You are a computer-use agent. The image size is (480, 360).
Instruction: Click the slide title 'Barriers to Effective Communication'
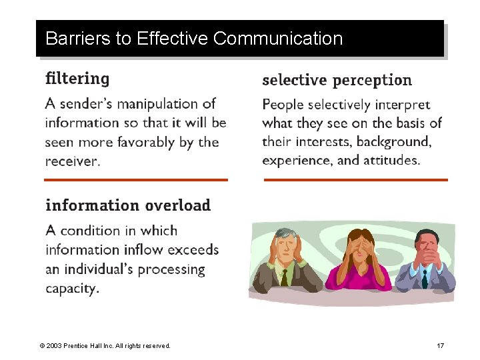[x=194, y=39]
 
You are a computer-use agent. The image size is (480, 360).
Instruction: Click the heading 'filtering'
[x=77, y=79]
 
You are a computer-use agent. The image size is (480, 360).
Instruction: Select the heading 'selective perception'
[x=337, y=81]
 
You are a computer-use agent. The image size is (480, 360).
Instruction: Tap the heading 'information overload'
[x=128, y=205]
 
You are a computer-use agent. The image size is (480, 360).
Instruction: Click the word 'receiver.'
[x=73, y=161]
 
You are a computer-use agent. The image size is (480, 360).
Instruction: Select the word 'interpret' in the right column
[x=403, y=105]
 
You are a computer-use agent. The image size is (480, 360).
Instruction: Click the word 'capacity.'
[x=72, y=289]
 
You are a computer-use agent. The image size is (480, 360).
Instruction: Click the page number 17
[x=440, y=345]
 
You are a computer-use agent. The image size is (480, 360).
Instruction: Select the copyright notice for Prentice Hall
[x=105, y=345]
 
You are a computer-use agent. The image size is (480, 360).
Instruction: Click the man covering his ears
[x=284, y=263]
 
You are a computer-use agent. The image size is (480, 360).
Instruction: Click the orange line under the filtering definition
[x=136, y=180]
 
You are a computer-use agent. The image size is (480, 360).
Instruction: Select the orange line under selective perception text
[x=355, y=180]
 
